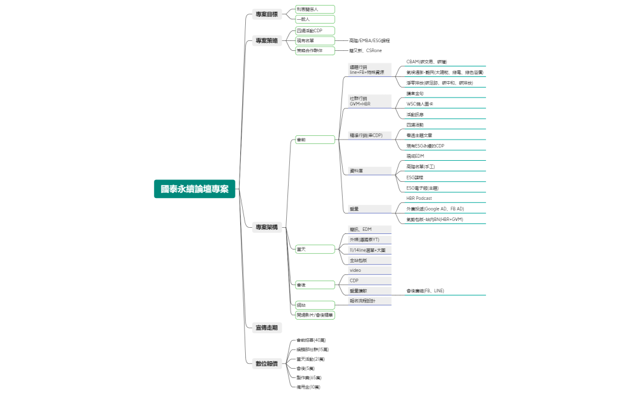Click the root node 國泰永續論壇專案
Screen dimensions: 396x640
194,189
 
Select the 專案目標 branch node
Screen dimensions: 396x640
267,14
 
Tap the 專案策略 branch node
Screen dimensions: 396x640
267,41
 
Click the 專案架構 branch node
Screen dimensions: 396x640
267,227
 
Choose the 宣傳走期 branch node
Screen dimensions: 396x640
267,327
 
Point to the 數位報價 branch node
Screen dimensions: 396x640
267,363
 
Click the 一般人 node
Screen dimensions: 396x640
304,19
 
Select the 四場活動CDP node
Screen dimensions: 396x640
310,30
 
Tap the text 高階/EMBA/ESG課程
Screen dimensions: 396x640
369,40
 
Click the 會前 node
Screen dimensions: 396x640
302,140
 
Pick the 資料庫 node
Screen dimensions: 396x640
356,170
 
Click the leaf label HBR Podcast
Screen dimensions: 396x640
419,198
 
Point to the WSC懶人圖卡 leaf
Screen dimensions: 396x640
420,104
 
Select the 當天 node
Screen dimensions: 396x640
302,249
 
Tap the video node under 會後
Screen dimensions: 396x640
356,270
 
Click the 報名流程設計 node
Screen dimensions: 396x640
363,301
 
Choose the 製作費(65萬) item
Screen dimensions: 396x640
309,377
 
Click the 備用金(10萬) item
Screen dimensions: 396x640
309,387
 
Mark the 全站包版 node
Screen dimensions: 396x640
358,260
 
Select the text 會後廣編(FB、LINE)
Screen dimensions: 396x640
425,290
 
